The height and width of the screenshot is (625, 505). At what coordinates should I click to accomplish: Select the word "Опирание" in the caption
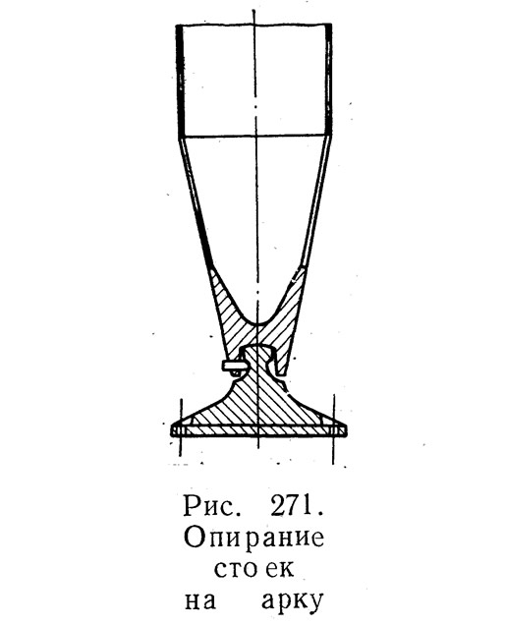(253, 540)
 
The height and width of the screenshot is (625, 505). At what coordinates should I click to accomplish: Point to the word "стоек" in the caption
(254, 569)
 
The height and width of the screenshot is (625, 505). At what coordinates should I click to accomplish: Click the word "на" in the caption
(200, 601)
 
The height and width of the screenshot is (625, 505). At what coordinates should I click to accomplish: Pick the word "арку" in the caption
(292, 603)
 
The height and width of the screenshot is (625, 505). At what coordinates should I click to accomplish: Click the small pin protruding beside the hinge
(233, 366)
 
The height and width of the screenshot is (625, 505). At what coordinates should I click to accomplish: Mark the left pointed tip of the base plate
(171, 430)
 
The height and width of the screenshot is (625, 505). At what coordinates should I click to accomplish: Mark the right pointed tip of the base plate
(346, 430)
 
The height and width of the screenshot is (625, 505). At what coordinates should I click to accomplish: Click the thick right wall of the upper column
(328, 80)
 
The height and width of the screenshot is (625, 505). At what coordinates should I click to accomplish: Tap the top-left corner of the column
(177, 26)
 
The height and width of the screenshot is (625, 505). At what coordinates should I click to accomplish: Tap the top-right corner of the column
(331, 25)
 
